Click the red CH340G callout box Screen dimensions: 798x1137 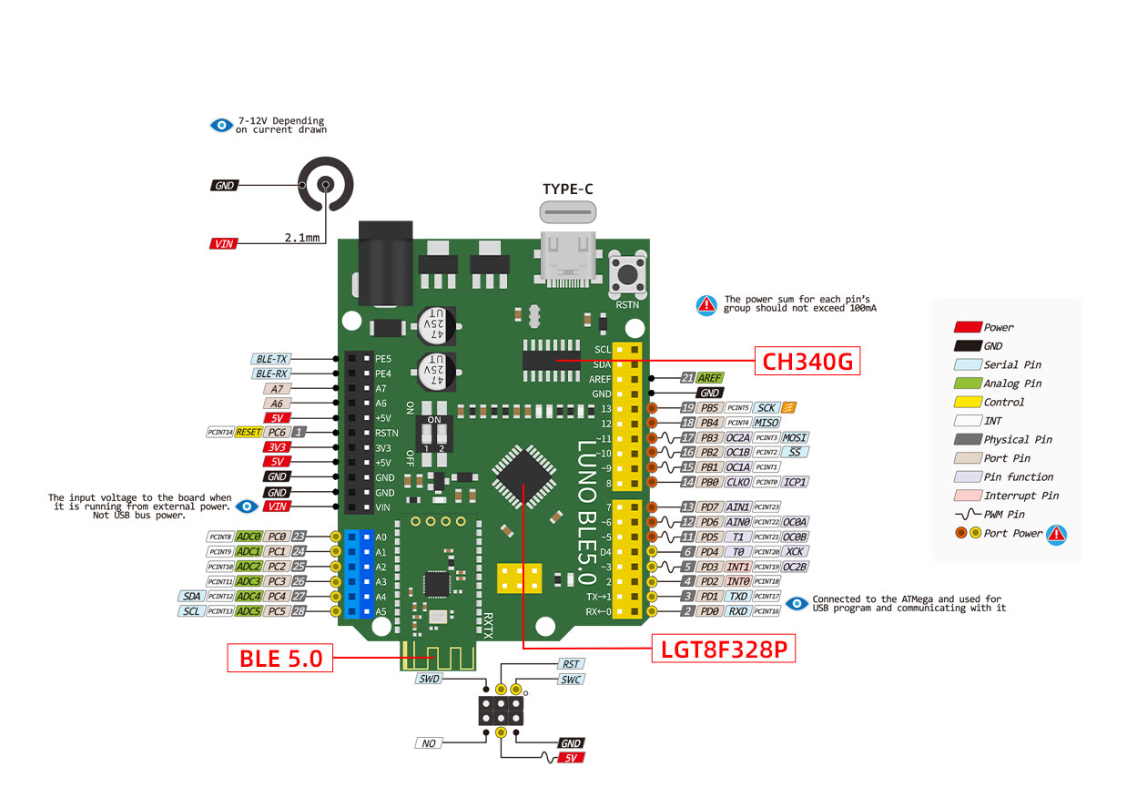(807, 361)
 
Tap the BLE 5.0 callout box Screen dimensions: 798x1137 (280, 658)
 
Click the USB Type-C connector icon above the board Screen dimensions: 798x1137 (569, 212)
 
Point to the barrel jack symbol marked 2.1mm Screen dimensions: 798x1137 (325, 185)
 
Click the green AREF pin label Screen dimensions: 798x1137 (709, 377)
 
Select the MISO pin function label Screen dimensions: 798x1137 (766, 423)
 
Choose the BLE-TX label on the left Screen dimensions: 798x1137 (270, 359)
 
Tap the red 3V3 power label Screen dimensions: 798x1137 (277, 447)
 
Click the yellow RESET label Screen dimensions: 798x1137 (249, 432)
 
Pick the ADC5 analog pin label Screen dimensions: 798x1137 (249, 610)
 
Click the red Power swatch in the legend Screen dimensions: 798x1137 (967, 327)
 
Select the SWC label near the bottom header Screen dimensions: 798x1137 (571, 680)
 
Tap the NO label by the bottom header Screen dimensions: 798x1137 (429, 743)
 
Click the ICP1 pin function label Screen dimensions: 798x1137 (796, 482)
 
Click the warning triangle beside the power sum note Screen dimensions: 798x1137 (706, 306)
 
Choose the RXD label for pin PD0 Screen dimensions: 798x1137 (737, 611)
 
